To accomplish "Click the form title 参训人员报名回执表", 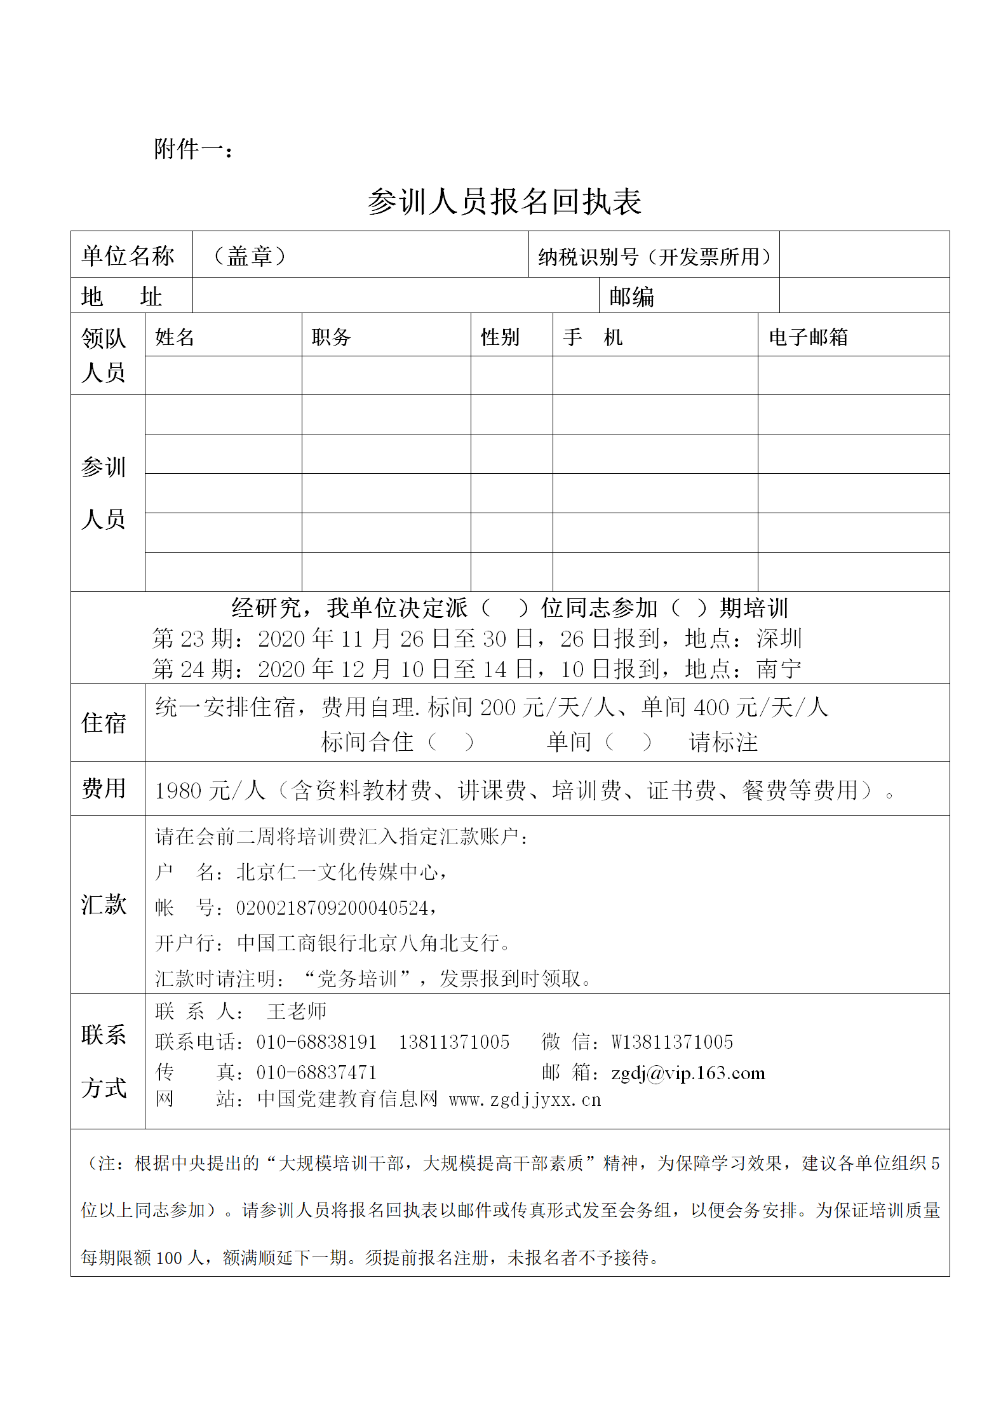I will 504,202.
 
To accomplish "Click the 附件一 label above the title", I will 192,150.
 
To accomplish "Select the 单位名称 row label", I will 128,256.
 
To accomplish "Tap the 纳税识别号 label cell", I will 654,257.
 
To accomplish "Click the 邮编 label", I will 631,297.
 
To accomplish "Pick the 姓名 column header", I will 175,337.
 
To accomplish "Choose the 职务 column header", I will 331,337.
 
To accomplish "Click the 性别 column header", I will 500,337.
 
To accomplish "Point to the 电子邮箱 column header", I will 808,337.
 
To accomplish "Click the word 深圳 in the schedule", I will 779,638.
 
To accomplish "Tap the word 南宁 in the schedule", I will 779,669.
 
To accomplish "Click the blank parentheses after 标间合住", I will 450,742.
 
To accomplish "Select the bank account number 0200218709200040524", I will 332,908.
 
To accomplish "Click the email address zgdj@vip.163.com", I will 688,1073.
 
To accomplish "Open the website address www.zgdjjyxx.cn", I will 525,1100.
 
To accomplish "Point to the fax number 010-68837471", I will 316,1073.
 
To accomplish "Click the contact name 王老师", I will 297,1011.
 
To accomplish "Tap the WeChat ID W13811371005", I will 672,1042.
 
